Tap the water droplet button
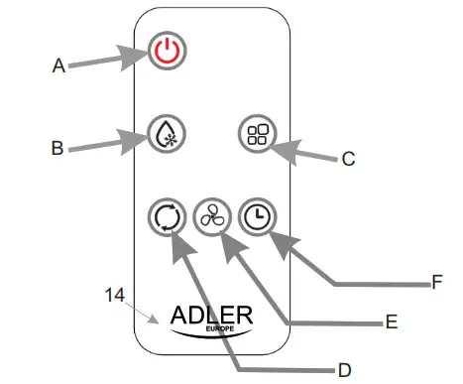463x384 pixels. pyautogui.click(x=165, y=133)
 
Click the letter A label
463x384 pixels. pyautogui.click(x=58, y=66)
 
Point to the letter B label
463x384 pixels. pyautogui.click(x=58, y=149)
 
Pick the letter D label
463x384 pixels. pyautogui.click(x=344, y=369)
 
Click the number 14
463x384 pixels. pyautogui.click(x=117, y=295)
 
